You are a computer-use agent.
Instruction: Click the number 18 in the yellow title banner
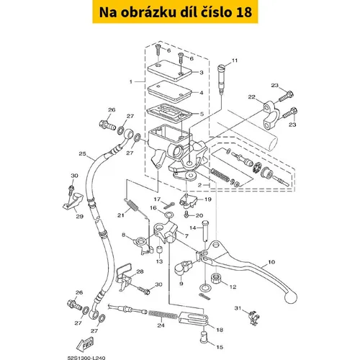[x=244, y=12]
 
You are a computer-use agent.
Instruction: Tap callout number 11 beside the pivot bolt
[x=235, y=60]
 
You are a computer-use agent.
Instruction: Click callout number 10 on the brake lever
[x=271, y=262]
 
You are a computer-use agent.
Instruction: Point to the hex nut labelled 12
[x=216, y=279]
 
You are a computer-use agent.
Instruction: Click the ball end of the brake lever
[x=291, y=297]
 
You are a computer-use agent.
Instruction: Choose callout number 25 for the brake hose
[x=82, y=153]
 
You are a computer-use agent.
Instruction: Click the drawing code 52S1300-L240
[x=86, y=358]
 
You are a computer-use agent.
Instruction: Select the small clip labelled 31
[x=254, y=318]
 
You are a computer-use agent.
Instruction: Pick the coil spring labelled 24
[x=163, y=314]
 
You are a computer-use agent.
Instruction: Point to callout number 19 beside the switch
[x=208, y=199]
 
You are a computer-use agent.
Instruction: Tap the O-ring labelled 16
[x=168, y=214]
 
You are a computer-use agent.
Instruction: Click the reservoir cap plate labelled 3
[x=171, y=71]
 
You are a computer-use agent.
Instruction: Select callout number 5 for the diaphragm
[x=202, y=114]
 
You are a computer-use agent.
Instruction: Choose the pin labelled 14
[x=206, y=231]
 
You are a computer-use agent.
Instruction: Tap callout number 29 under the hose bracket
[x=80, y=216]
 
